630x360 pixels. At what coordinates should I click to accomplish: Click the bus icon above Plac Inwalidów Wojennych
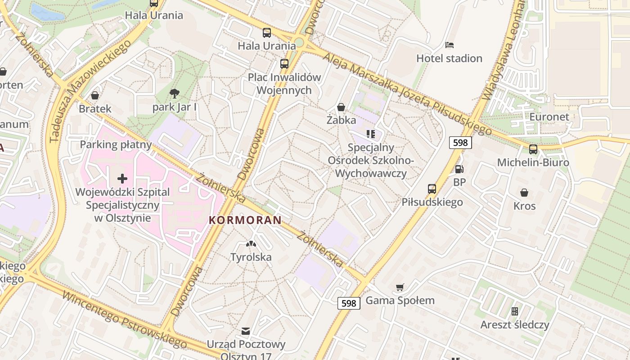point(284,63)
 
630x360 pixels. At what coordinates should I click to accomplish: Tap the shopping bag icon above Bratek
point(95,95)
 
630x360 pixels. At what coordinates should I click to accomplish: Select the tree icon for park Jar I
point(174,94)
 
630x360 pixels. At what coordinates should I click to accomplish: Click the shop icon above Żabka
point(341,107)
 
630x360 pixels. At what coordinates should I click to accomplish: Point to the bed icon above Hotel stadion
point(449,45)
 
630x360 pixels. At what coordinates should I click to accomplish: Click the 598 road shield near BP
point(460,143)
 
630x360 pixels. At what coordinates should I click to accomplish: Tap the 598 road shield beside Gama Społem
point(349,303)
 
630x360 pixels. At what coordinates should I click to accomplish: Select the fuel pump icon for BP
point(459,169)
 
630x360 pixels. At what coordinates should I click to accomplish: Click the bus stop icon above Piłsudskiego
point(432,189)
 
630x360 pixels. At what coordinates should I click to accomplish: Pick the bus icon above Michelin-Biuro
point(533,149)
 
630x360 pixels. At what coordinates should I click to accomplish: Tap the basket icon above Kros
point(524,193)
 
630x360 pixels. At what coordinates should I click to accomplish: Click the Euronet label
point(549,117)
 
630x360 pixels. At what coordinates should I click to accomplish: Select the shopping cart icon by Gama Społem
point(400,287)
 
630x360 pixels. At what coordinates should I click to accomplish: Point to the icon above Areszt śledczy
point(515,311)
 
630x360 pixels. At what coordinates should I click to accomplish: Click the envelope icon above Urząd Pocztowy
point(245,331)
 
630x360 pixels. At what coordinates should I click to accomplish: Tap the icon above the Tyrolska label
point(251,244)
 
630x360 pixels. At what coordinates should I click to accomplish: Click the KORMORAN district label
point(245,220)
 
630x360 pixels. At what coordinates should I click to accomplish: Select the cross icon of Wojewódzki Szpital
point(122,179)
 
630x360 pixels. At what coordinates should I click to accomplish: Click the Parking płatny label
point(116,144)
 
